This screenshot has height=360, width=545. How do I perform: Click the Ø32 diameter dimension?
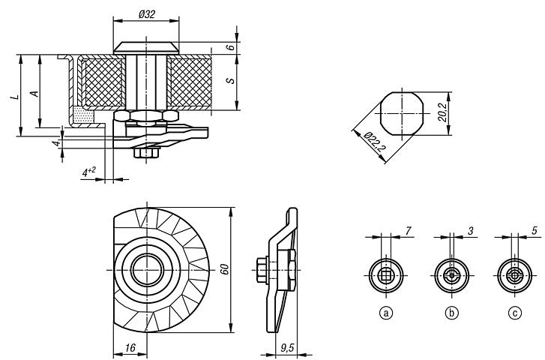145,14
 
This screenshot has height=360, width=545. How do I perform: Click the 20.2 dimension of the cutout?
443,112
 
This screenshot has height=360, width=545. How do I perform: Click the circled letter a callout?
387,314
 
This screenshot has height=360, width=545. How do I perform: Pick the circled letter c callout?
515,314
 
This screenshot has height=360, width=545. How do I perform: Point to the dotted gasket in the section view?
82,116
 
